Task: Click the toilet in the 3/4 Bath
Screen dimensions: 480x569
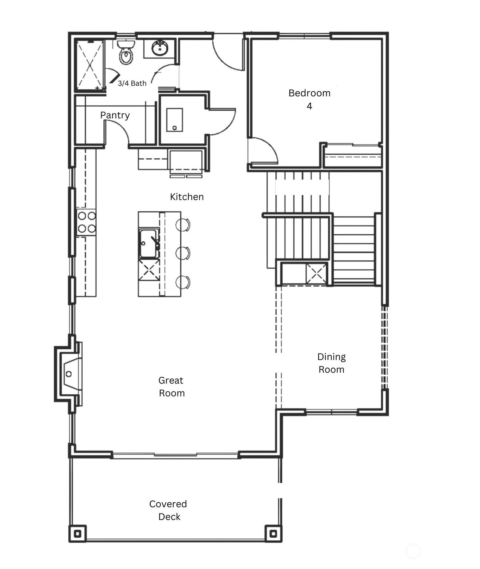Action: [x=126, y=52]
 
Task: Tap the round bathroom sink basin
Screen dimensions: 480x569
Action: [x=160, y=48]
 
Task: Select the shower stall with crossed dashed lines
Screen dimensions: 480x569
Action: [x=90, y=65]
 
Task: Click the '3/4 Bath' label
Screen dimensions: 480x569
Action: [x=132, y=83]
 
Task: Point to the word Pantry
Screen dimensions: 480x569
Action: [x=115, y=115]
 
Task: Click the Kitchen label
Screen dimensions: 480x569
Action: [x=187, y=197]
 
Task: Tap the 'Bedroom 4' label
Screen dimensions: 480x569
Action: [x=309, y=100]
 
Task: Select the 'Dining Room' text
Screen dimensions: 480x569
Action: [x=331, y=363]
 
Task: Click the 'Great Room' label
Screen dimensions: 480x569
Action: [x=171, y=387]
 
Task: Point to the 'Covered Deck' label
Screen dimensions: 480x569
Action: [x=168, y=511]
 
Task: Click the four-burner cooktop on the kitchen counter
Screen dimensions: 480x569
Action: [x=86, y=222]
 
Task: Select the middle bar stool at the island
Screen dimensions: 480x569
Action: [x=183, y=253]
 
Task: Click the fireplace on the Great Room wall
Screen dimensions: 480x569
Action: [x=68, y=374]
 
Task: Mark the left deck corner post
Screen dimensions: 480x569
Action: [x=78, y=534]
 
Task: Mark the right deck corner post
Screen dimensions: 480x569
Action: [x=273, y=534]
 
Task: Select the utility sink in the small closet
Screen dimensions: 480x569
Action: [x=175, y=120]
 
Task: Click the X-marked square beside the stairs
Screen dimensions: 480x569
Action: [x=316, y=274]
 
